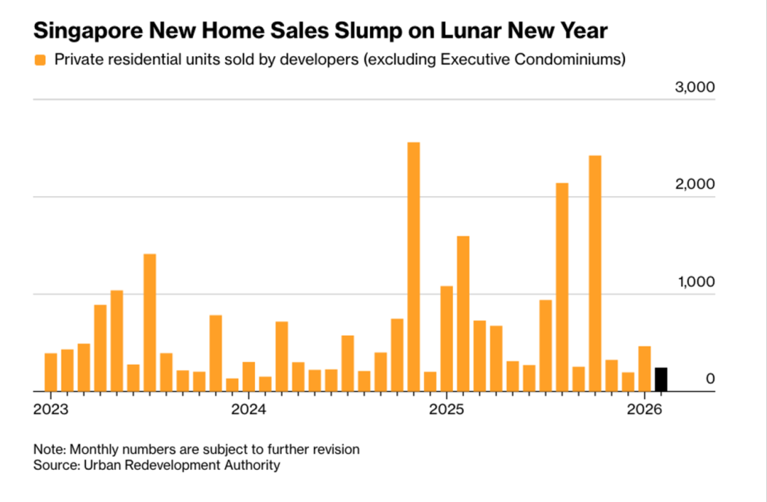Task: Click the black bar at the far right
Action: click(x=661, y=379)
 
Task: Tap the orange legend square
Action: click(x=40, y=60)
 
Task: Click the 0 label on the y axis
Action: click(x=709, y=379)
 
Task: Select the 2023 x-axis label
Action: click(x=50, y=410)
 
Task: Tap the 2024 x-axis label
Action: click(x=248, y=410)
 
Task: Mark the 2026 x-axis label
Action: click(x=644, y=410)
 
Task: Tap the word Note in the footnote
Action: click(x=48, y=449)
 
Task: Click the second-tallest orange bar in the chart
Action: click(x=595, y=273)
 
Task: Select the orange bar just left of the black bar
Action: click(x=645, y=369)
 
